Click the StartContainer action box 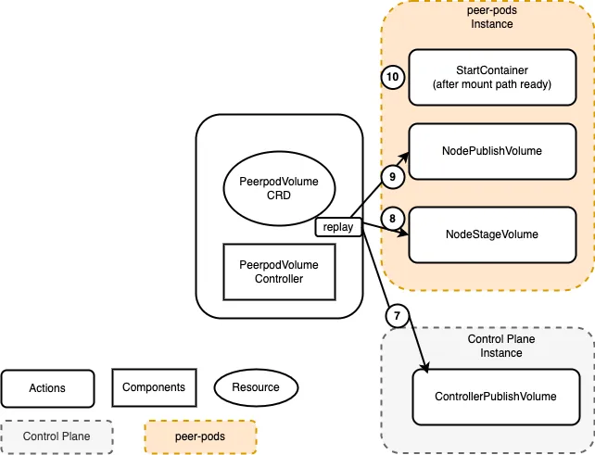pos(492,78)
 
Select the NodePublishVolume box pos(492,150)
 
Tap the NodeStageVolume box pos(492,234)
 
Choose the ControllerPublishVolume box pos(495,397)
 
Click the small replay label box pos(338,226)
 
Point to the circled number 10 pos(393,77)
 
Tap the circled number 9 pos(392,175)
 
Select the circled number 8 pos(393,219)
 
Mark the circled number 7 pos(397,316)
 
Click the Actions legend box pos(47,387)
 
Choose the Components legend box pos(154,387)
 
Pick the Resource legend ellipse pos(255,387)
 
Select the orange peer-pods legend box pos(200,436)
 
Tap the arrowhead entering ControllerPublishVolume pos(425,371)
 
